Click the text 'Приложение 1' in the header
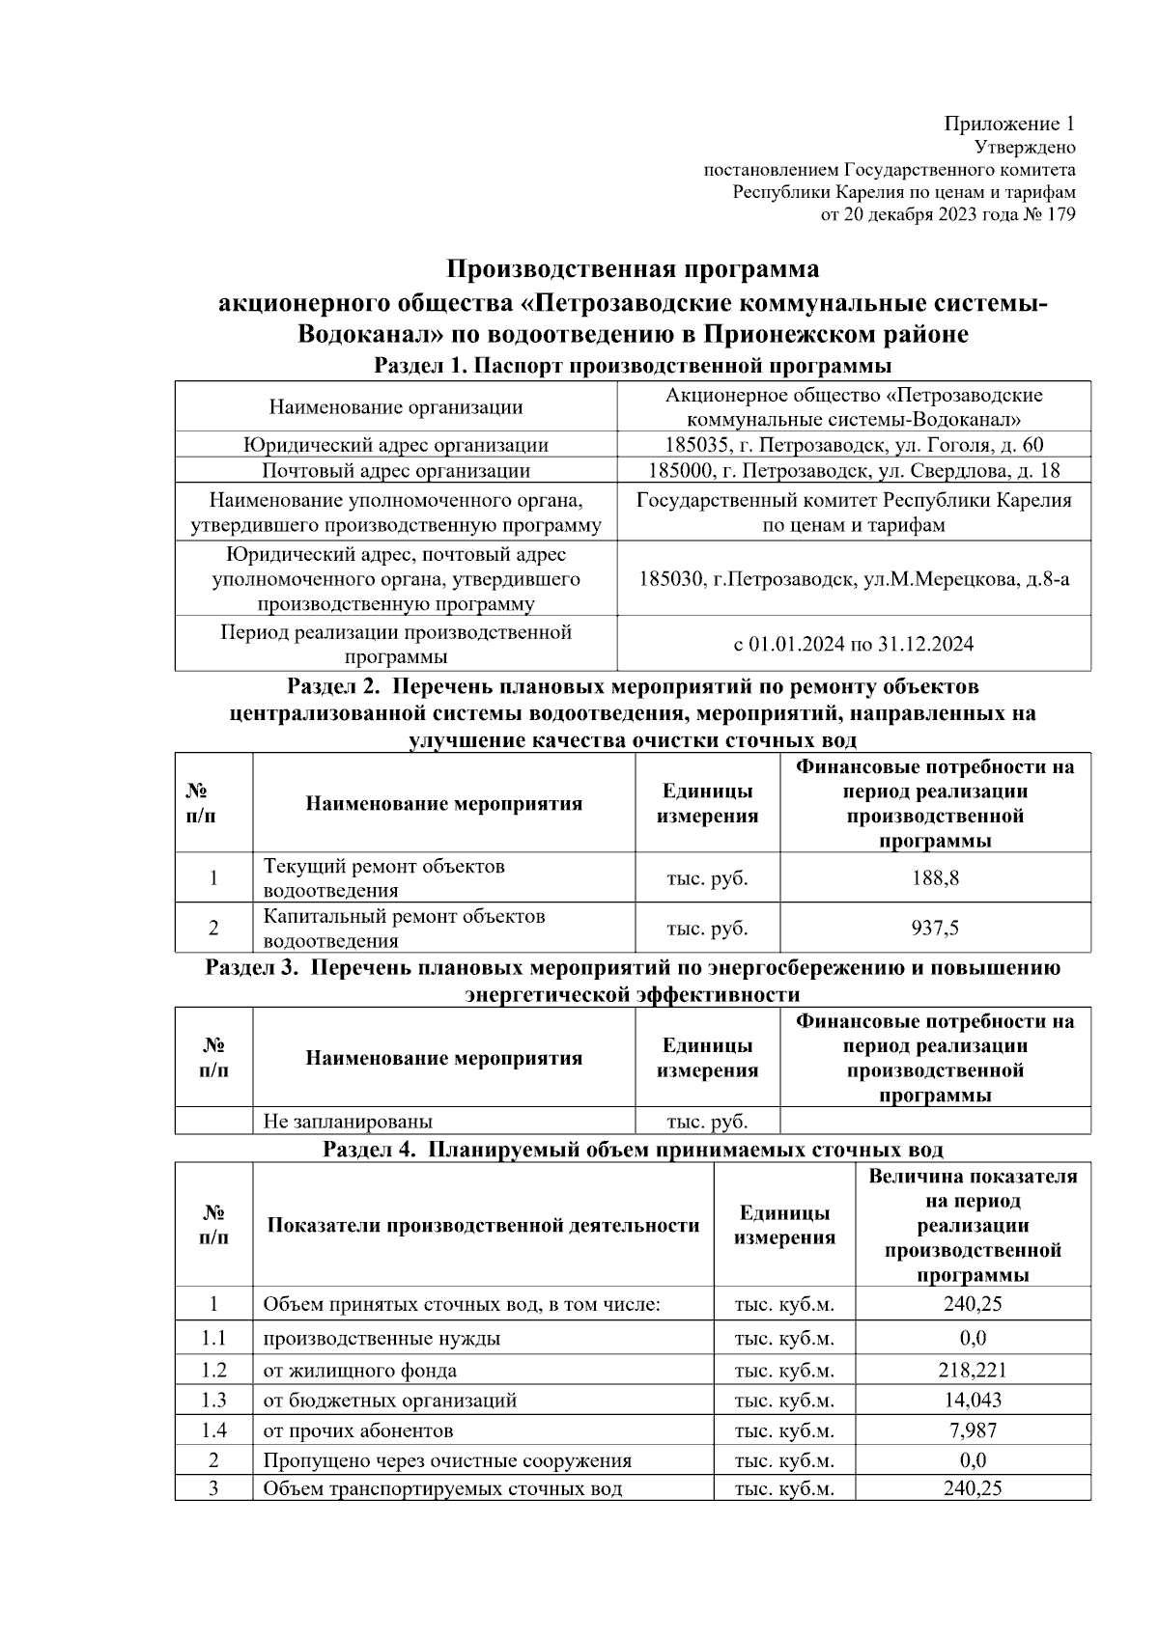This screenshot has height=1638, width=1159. point(1008,124)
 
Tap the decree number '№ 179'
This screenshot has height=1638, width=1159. point(1048,214)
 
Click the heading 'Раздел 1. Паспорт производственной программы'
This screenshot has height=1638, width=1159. point(632,366)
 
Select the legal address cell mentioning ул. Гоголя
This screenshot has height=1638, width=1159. point(854,445)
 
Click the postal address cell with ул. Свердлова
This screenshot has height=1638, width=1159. point(854,471)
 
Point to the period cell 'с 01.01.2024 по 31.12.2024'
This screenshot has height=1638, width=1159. point(854,644)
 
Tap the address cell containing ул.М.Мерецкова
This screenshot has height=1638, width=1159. point(854,579)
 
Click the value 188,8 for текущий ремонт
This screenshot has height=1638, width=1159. point(935,878)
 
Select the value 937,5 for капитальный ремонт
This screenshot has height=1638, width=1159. point(935,929)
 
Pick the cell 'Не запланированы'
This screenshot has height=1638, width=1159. point(348,1122)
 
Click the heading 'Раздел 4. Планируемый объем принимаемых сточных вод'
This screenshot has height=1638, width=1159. point(633,1150)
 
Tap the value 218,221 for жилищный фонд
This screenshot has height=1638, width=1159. point(972,1370)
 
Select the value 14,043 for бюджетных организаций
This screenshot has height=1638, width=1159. point(972,1400)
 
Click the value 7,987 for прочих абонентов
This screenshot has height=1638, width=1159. point(972,1430)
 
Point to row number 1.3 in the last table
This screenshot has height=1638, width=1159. point(213,1400)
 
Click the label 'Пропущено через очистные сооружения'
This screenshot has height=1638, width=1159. point(447,1460)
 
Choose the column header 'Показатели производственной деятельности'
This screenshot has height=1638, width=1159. point(483,1226)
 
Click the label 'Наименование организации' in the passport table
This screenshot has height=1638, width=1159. point(395,407)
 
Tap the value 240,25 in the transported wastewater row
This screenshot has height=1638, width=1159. point(972,1488)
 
